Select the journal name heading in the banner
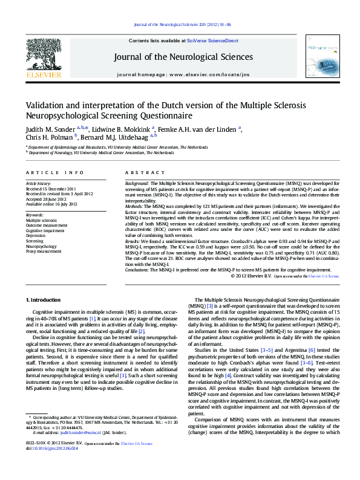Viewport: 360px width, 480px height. pos(183,57)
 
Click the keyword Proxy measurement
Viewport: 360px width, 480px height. pos(44,251)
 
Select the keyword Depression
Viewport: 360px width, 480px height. pos(36,235)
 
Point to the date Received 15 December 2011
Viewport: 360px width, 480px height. pos(51,188)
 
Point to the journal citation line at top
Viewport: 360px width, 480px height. pos(183,25)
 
